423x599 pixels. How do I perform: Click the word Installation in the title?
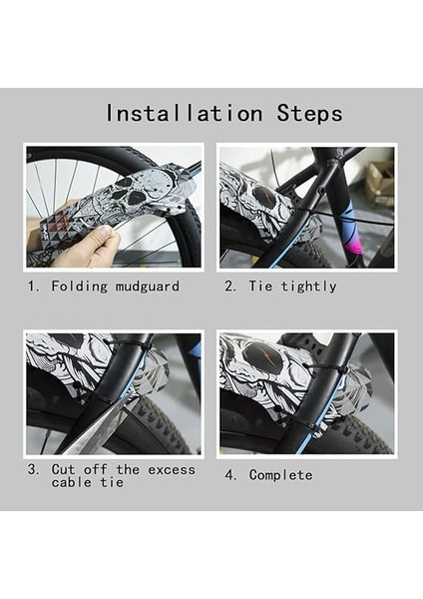click(184, 113)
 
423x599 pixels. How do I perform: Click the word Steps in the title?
click(309, 113)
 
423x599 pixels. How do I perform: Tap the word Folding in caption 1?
click(80, 287)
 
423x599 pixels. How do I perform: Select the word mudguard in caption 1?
click(148, 287)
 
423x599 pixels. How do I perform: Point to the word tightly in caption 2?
click(308, 287)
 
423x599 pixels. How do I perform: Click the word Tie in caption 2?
click(260, 286)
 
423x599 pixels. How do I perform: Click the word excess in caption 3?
click(172, 470)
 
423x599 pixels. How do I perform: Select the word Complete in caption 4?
click(280, 475)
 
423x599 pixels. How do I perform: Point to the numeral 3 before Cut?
click(33, 469)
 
